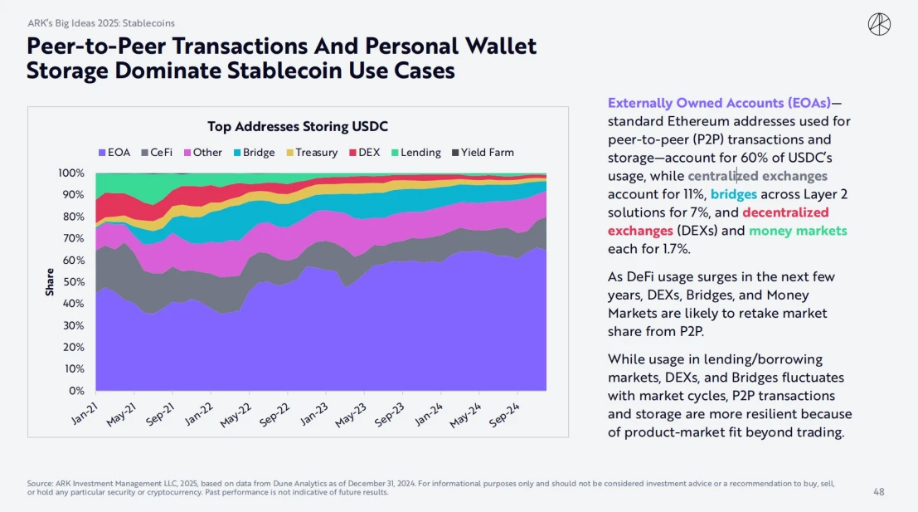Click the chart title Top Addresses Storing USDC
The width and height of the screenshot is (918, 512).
[298, 127]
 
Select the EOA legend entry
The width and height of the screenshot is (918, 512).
[114, 153]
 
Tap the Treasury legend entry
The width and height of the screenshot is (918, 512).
[311, 153]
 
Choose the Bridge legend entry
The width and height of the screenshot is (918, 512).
[253, 153]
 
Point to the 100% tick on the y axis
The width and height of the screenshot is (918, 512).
[71, 173]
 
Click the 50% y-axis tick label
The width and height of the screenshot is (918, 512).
[74, 282]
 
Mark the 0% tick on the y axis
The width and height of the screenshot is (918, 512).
[76, 390]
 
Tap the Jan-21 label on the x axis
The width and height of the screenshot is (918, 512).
[85, 412]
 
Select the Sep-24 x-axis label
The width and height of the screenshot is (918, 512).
[504, 412]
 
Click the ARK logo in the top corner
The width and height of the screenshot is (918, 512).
[879, 25]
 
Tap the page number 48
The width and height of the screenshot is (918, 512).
[879, 492]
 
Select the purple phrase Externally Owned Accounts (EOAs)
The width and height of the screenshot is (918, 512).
[718, 103]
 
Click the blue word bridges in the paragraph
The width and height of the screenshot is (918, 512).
[734, 193]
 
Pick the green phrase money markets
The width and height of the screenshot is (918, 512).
[798, 230]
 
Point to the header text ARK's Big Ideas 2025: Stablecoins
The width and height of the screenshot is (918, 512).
[101, 23]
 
